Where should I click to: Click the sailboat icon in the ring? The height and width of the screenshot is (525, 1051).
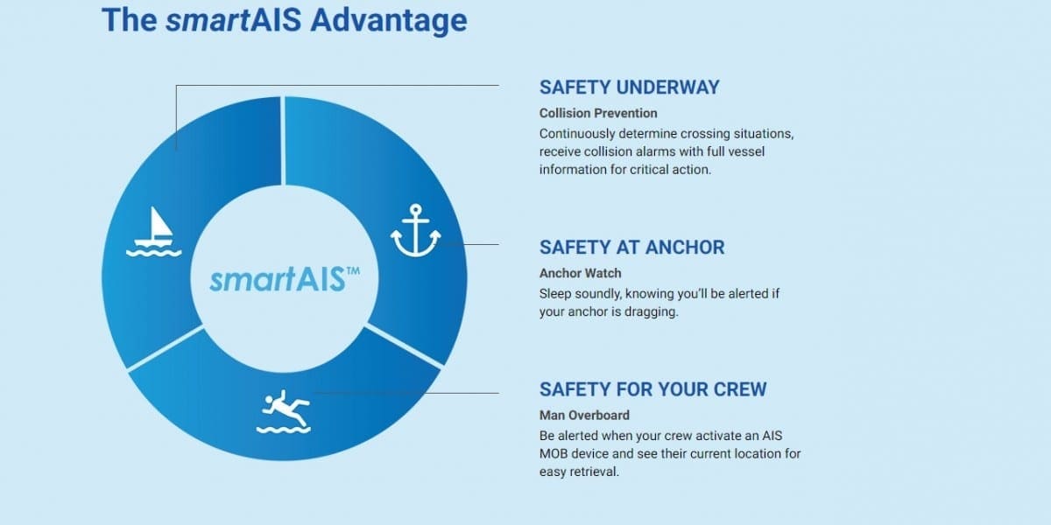coord(154,232)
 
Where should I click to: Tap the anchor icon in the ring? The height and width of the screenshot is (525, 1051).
coord(416,230)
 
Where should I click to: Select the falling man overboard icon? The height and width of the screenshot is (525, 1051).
coord(284,411)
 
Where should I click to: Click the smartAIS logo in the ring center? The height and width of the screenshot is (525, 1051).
coord(285,279)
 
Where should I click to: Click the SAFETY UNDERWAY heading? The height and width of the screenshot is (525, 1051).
coord(629,87)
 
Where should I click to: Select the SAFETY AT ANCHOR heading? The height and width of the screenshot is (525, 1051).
coord(632,248)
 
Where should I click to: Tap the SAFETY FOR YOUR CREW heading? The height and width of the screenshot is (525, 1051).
coord(653,389)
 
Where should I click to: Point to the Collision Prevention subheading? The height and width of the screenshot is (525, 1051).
coord(598,114)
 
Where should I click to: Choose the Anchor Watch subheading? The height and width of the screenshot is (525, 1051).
coord(581,273)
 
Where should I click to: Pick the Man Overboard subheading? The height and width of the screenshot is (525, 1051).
coord(585,416)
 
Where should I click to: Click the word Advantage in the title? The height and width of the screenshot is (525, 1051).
coord(389,20)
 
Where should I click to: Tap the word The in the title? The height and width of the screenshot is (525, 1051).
coord(130,20)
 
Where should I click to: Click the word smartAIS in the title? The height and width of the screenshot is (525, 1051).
coord(234,20)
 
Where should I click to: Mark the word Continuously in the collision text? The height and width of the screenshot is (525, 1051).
coord(577,134)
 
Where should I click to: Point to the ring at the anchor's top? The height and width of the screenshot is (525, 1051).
coord(416,209)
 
